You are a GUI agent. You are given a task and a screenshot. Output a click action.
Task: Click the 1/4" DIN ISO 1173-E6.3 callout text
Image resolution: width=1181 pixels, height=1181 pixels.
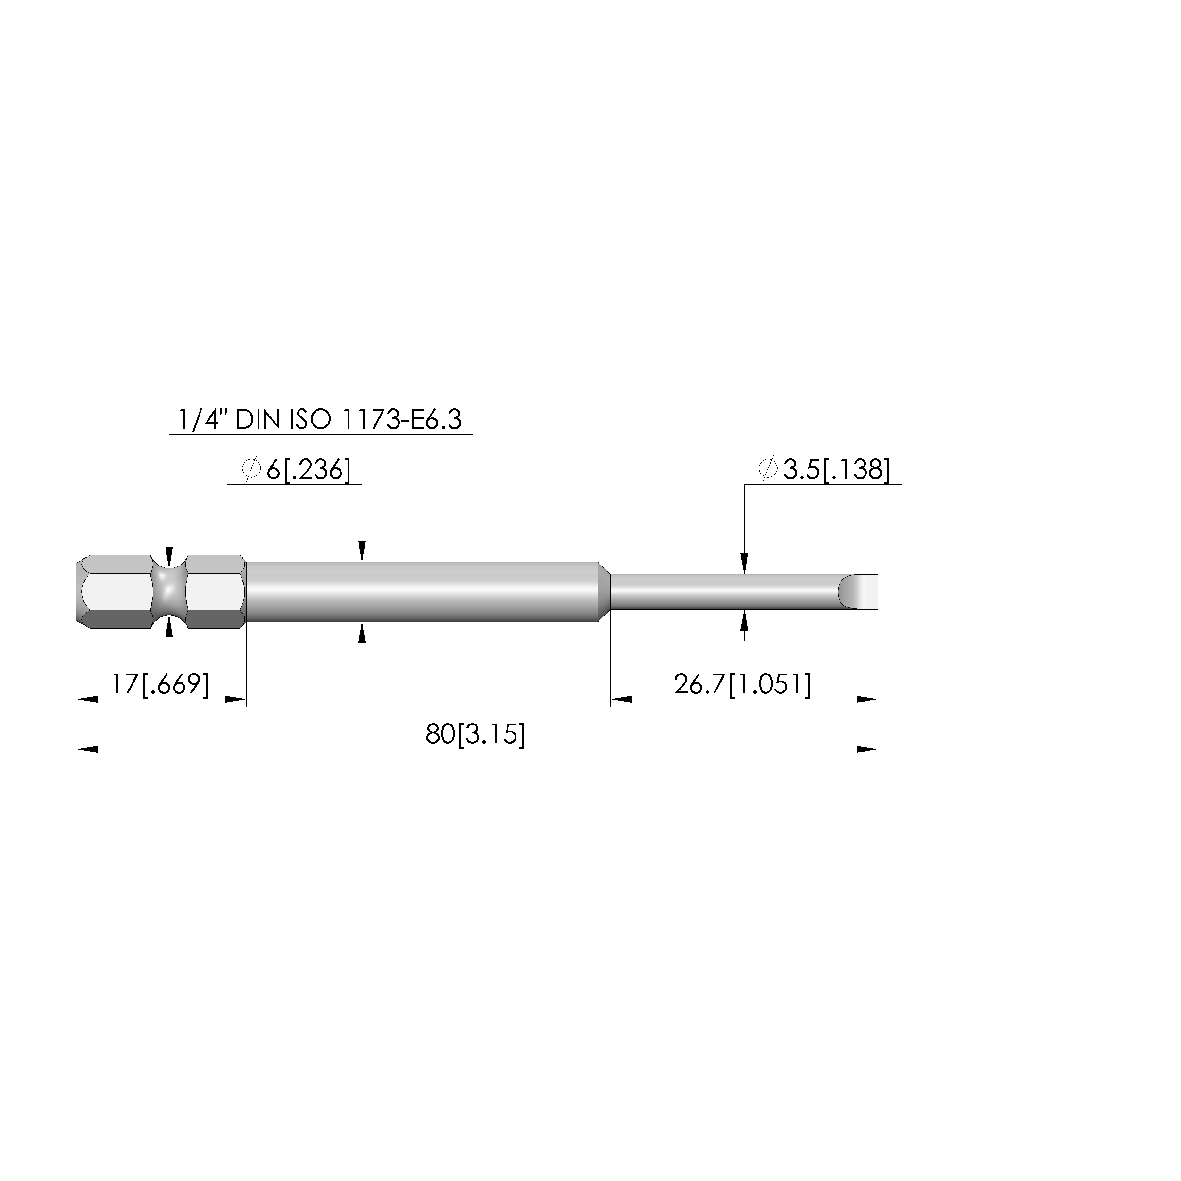point(320,420)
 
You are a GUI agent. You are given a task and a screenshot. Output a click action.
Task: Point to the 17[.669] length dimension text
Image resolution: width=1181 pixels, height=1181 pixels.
point(160,684)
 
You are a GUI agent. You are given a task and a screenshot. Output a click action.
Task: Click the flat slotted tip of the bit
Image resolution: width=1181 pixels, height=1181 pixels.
point(857,592)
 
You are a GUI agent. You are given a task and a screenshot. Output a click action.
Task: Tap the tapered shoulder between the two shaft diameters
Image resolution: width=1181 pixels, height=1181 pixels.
point(604,592)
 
